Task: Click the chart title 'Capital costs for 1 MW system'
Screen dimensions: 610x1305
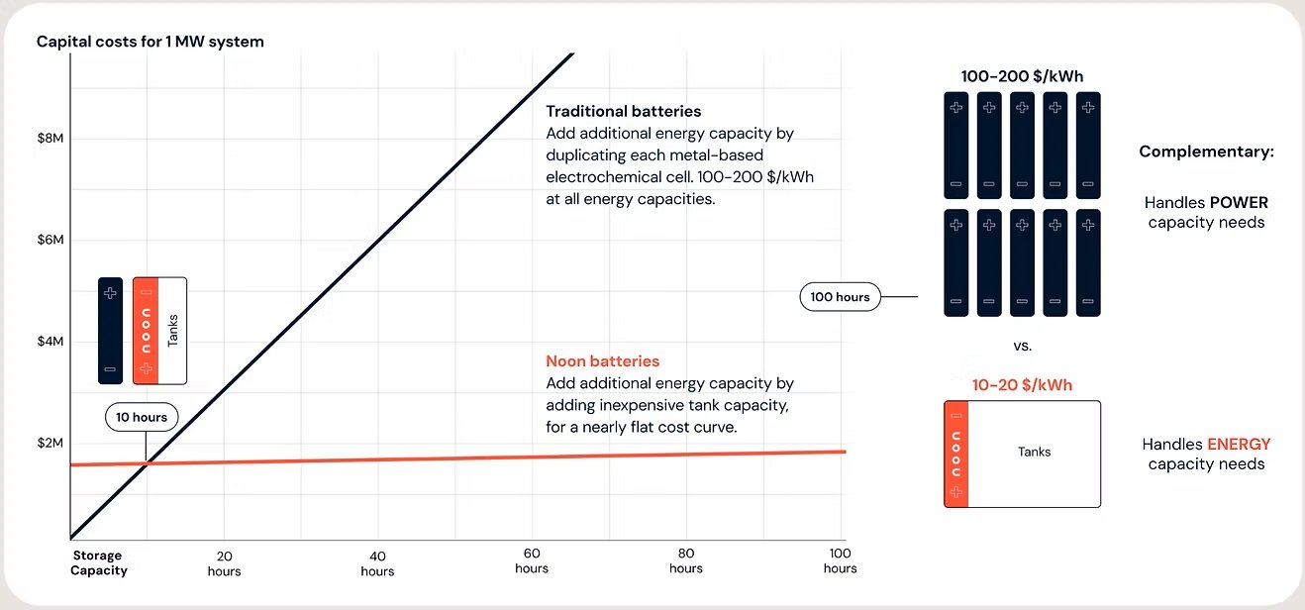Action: point(150,42)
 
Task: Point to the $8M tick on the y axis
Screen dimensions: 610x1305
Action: point(50,139)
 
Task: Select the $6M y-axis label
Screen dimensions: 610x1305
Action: point(50,240)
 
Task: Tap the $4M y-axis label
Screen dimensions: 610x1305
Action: point(50,342)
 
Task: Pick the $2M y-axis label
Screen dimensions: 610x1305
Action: point(50,443)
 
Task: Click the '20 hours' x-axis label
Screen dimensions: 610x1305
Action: point(224,562)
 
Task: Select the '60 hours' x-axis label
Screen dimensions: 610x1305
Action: point(532,560)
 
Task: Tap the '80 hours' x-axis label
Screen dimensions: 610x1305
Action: point(686,560)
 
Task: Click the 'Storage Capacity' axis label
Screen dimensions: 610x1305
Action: point(99,562)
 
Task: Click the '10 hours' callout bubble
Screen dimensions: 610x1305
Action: point(143,417)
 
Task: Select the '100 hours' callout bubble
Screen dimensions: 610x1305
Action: point(840,296)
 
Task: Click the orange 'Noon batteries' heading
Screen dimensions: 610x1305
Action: point(602,361)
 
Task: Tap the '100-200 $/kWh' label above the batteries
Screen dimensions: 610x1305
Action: point(1021,76)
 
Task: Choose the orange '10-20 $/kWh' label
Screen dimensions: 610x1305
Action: point(1022,385)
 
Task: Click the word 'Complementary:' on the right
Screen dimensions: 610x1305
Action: point(1206,152)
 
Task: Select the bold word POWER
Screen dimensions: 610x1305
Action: point(1239,202)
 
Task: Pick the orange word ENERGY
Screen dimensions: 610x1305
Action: point(1239,445)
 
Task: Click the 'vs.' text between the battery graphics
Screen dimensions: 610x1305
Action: point(1023,347)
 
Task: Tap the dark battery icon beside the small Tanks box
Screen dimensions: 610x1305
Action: point(110,331)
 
